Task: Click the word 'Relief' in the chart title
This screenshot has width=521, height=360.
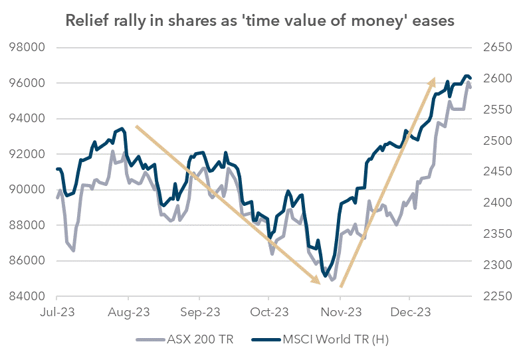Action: coord(86,21)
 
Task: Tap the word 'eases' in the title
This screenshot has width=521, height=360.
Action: coord(432,21)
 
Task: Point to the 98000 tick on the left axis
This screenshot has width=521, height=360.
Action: coord(25,48)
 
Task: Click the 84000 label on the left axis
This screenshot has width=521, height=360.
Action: coord(25,296)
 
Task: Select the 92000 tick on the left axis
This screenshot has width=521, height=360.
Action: coord(25,154)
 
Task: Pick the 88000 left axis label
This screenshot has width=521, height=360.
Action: coord(25,225)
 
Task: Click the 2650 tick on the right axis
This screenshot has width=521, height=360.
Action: coord(492,48)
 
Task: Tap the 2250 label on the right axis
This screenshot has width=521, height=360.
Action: coord(492,296)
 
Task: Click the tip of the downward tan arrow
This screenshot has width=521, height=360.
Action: coord(320,283)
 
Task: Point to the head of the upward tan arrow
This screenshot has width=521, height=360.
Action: coord(434,79)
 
